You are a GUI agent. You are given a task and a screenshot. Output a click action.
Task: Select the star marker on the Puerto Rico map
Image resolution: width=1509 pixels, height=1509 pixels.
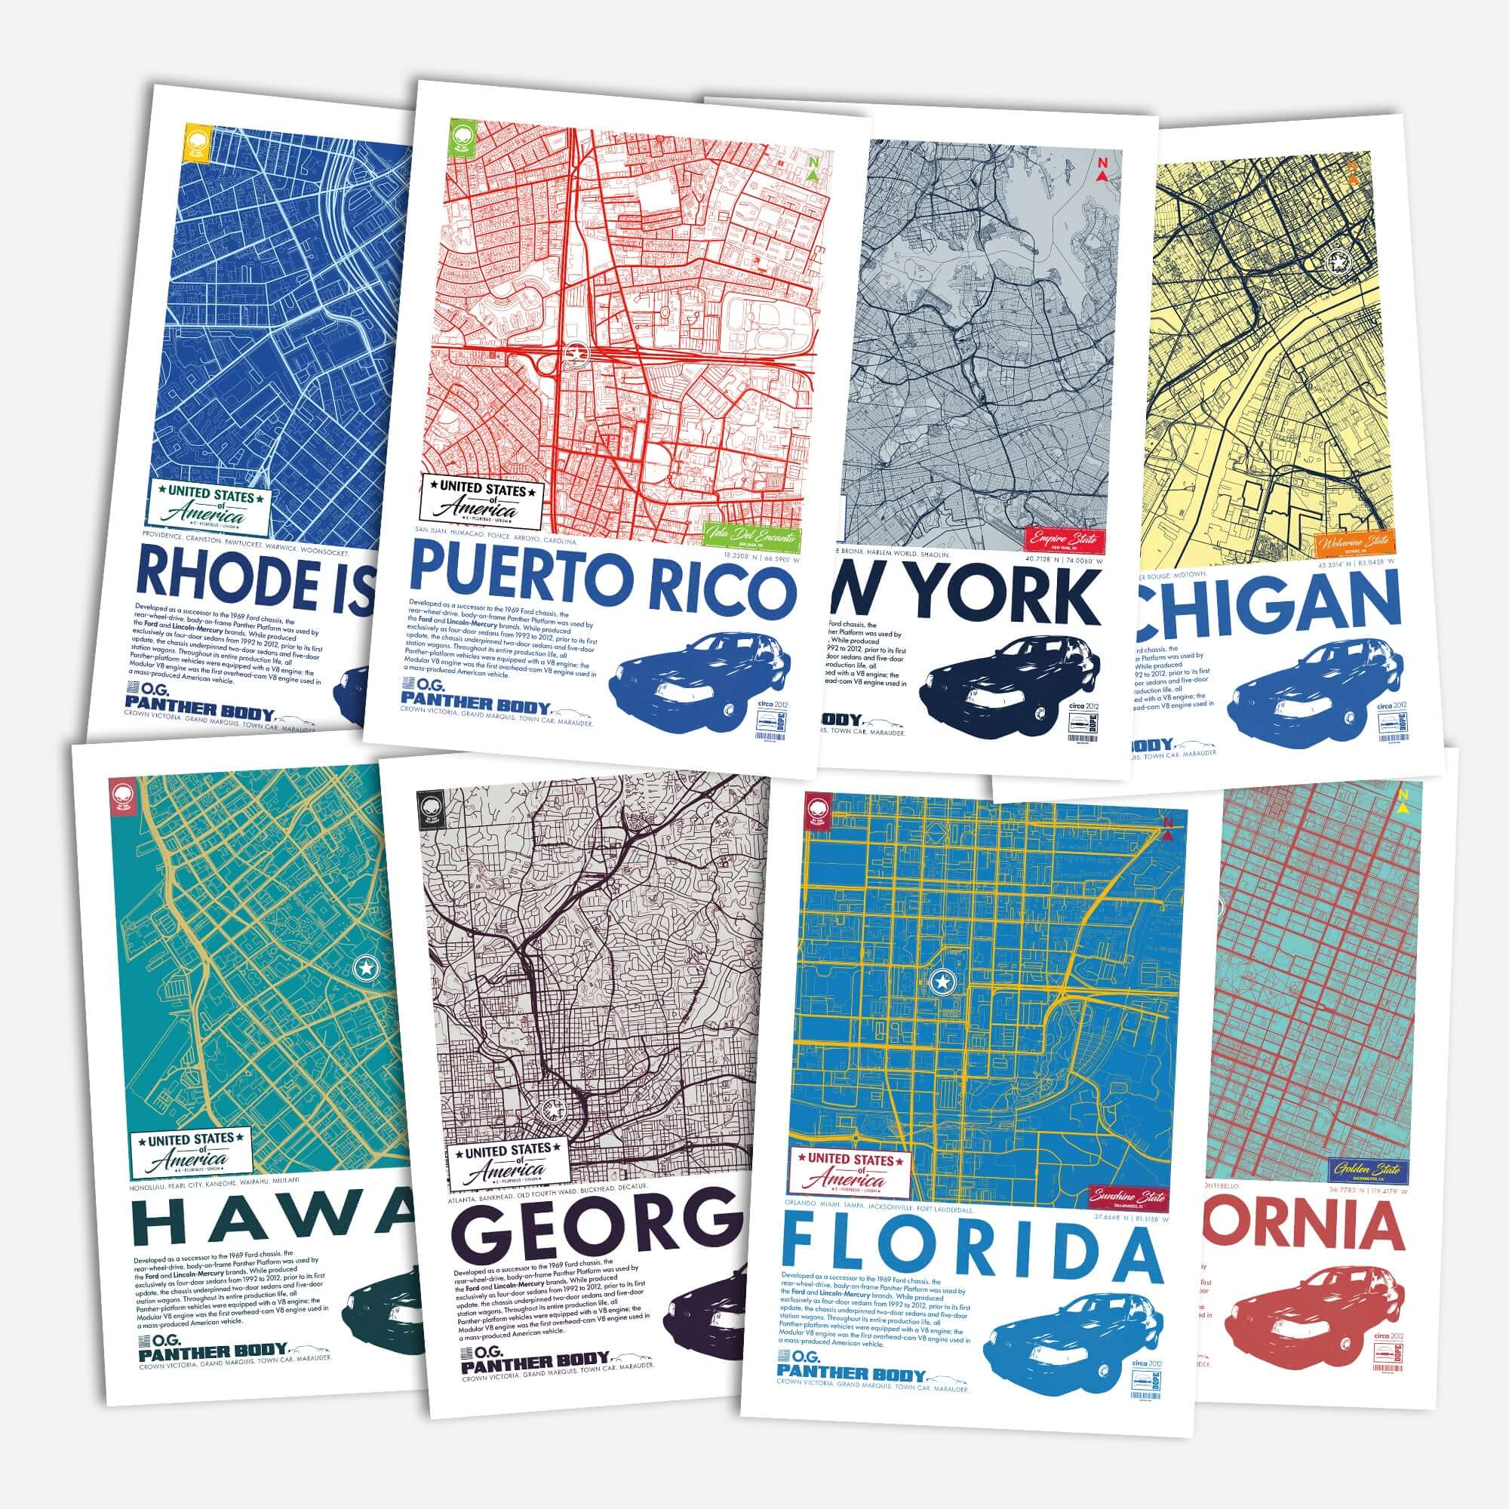[576, 354]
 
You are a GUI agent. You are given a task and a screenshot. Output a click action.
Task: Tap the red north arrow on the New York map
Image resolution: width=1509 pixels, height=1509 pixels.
[1102, 170]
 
